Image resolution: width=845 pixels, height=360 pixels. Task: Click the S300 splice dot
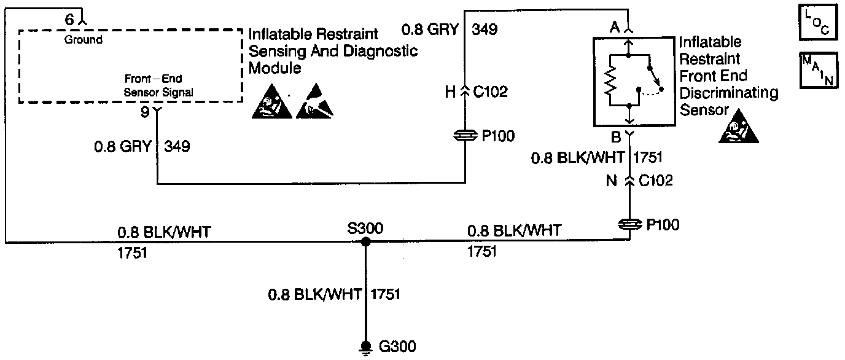click(365, 242)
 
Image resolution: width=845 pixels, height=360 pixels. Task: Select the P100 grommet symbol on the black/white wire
click(629, 225)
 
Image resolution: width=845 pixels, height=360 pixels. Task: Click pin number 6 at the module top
click(69, 20)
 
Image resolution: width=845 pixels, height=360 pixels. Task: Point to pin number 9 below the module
click(146, 113)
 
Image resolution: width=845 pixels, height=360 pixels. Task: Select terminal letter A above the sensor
click(613, 28)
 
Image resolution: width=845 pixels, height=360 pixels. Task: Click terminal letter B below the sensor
click(615, 136)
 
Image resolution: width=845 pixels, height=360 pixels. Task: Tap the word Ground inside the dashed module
click(84, 40)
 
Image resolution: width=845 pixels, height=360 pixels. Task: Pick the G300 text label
click(397, 346)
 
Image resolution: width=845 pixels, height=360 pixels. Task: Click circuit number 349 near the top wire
click(485, 29)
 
